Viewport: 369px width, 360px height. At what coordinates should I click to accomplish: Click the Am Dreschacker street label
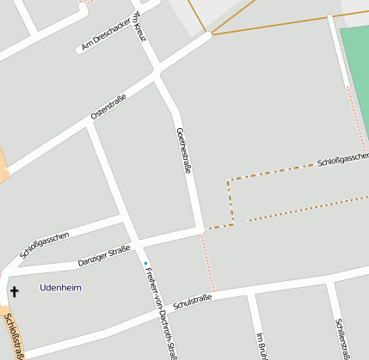[106, 34]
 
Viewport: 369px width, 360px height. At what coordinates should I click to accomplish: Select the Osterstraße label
[108, 107]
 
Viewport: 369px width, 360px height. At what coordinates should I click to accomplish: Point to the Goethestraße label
[182, 151]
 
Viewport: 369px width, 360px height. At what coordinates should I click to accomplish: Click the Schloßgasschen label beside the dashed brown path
[342, 160]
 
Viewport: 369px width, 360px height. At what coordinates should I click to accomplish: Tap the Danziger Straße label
[104, 255]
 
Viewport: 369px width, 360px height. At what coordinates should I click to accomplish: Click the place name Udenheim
[60, 287]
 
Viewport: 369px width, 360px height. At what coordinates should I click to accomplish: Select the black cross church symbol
[14, 292]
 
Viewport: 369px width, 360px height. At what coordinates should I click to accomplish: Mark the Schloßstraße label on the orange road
[15, 334]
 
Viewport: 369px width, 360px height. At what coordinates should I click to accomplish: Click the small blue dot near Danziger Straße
[146, 263]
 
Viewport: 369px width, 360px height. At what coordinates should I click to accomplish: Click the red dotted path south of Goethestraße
[208, 262]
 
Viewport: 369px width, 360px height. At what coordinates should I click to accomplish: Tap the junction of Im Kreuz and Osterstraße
[157, 75]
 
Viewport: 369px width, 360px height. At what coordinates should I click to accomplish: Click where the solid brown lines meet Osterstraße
[209, 35]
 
